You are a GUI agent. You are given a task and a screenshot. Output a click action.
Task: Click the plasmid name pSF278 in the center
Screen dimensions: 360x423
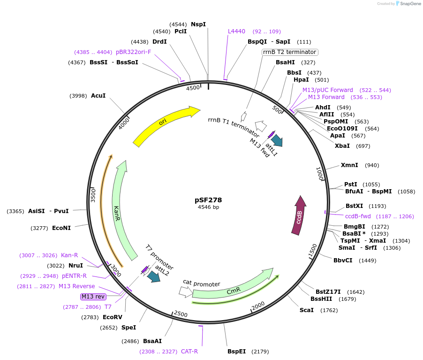point(208,199)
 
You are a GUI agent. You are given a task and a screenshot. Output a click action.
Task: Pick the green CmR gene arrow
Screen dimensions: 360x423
point(233,289)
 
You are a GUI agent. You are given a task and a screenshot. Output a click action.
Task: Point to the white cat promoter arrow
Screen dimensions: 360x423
point(185,292)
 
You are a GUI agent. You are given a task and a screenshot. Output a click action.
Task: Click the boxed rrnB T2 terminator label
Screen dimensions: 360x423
point(290,52)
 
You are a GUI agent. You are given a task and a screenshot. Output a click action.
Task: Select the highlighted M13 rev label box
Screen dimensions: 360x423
point(93,297)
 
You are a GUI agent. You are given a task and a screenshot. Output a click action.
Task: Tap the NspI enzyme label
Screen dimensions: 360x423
point(198,24)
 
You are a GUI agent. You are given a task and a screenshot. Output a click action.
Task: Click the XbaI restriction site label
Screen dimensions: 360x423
point(342,146)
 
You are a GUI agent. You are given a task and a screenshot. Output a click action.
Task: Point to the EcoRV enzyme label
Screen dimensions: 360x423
point(112,317)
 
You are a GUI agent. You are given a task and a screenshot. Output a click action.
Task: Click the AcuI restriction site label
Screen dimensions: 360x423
point(98,96)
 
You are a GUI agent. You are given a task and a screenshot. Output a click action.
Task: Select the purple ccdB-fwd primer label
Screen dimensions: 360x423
point(358,216)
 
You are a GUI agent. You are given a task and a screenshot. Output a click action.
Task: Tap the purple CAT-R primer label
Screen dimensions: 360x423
point(189,351)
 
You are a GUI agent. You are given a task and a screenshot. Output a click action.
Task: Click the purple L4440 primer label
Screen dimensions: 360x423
point(236,31)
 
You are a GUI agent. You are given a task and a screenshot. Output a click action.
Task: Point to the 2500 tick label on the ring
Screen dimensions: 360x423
point(181,314)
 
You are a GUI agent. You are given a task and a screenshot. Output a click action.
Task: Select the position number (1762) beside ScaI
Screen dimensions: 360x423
point(329,310)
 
